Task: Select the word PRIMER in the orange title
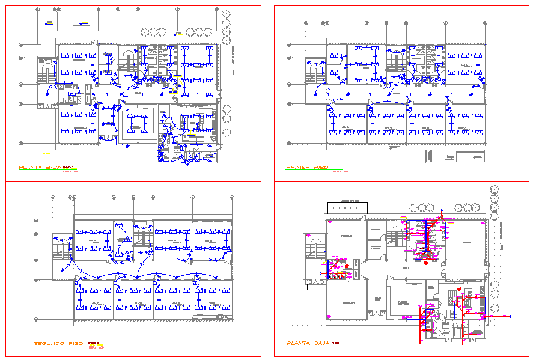[x=299, y=168]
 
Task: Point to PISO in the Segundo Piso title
[x=76, y=343]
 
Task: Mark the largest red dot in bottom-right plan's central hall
[x=425, y=263]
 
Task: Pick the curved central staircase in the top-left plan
[x=127, y=60]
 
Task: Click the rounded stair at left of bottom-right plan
[x=314, y=247]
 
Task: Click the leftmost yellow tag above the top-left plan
[x=50, y=23]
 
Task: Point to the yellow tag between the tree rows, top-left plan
[x=178, y=33]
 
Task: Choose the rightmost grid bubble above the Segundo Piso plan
[x=232, y=197]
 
